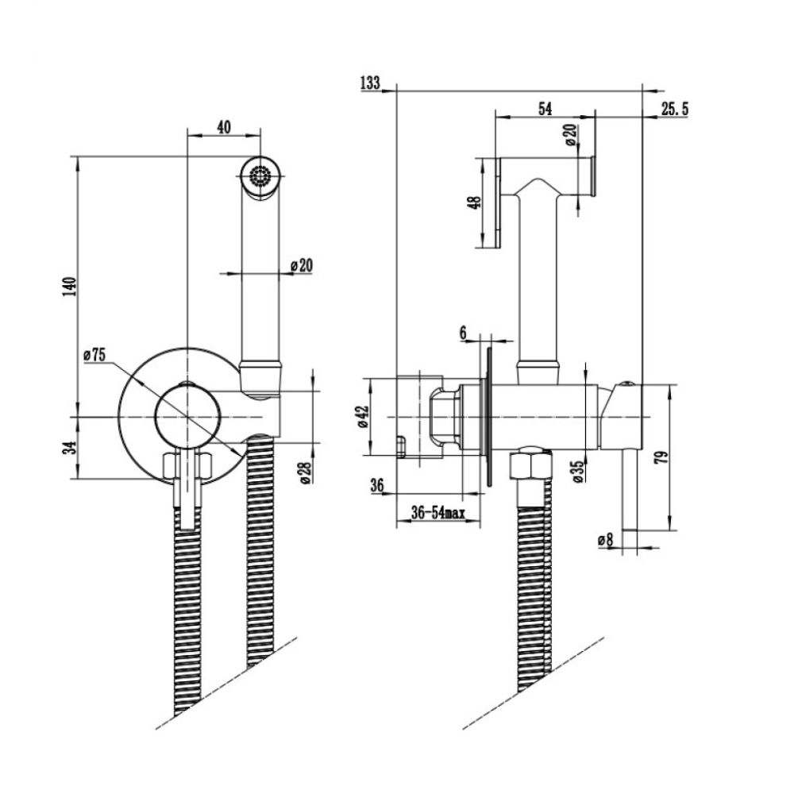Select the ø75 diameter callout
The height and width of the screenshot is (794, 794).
tap(94, 356)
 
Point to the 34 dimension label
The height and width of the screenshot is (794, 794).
tap(70, 447)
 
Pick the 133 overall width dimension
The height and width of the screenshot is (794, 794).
tap(370, 82)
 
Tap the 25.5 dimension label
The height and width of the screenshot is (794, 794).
tap(673, 109)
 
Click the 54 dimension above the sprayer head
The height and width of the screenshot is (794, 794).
tap(545, 109)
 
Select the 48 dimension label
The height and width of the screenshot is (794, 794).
tap(476, 202)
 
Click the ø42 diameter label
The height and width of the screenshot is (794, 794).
tap(363, 417)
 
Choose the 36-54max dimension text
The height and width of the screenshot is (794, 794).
tap(437, 514)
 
